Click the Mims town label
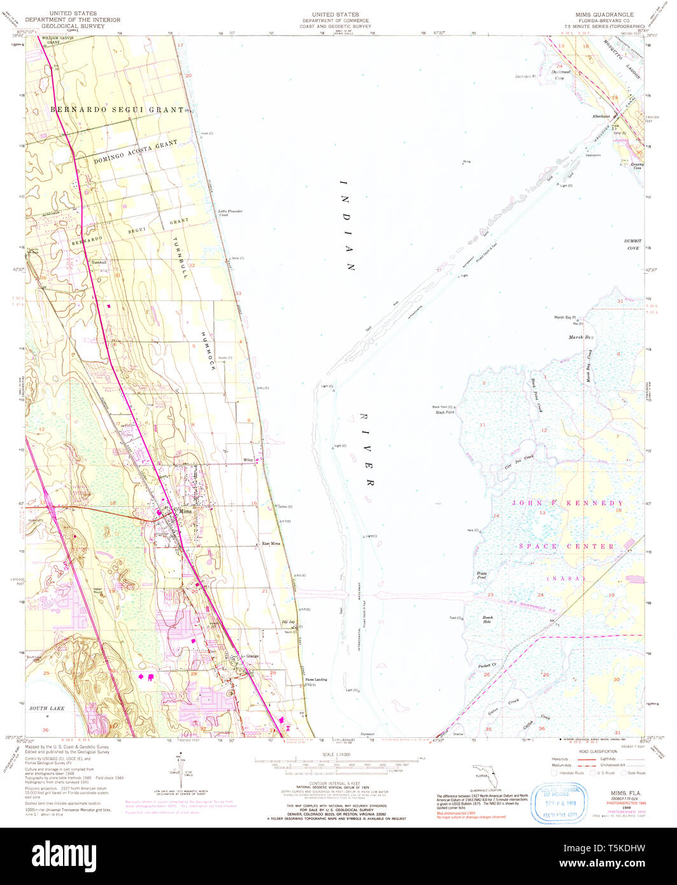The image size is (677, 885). pos(185,511)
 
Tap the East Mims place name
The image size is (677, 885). pos(271,544)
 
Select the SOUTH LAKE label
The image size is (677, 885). pos(47,708)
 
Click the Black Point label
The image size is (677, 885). pos(445,413)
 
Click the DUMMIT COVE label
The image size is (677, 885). pos(633,244)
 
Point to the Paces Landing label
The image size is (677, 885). pos(316,680)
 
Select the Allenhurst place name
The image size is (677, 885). pos(601,117)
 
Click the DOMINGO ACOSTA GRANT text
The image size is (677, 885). pos(136,153)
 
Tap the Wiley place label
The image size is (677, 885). pos(248,460)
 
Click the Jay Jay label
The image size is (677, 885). pos(289,621)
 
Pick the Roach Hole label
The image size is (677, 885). pos(487,619)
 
